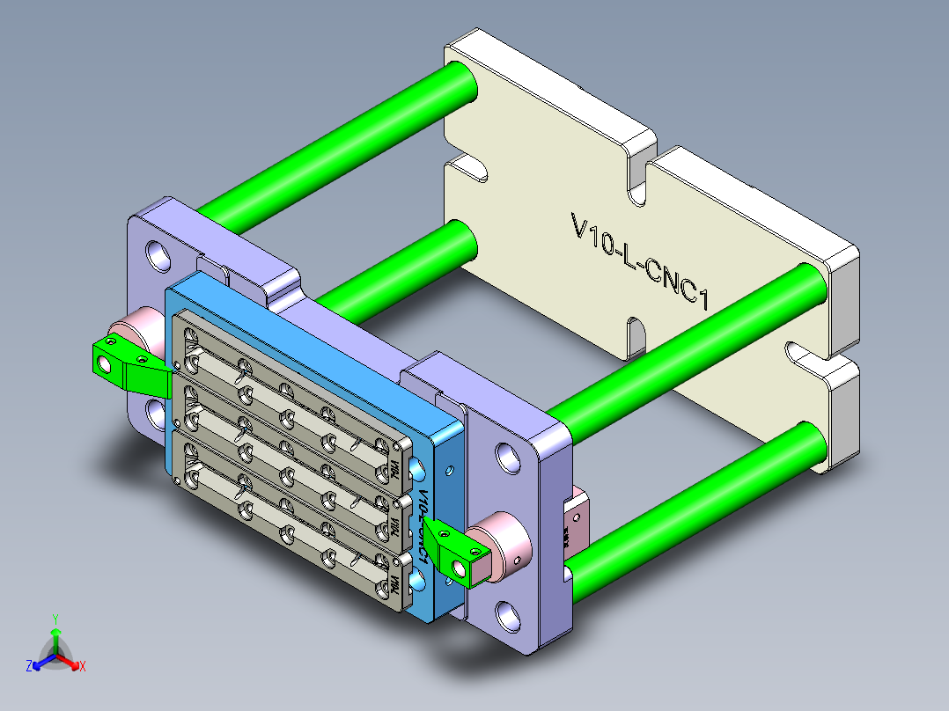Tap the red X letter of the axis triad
(x=83, y=667)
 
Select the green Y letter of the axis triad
(x=55, y=619)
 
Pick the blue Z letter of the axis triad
(x=29, y=667)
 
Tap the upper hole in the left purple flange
(x=159, y=254)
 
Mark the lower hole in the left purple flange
(x=157, y=411)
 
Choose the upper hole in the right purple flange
(x=508, y=456)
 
